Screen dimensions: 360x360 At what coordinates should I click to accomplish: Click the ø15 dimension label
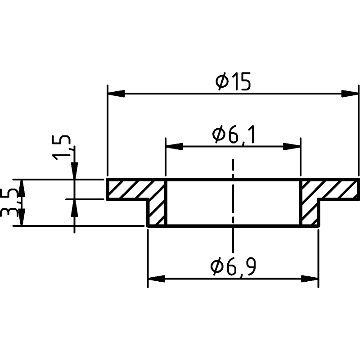tap(233, 81)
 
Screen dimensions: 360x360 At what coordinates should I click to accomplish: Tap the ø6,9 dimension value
tap(233, 267)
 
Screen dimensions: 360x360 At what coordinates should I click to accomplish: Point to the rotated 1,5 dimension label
tap(61, 148)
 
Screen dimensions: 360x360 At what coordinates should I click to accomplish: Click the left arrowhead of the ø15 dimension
tap(116, 94)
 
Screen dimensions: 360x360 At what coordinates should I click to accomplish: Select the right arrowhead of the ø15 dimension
tap(350, 94)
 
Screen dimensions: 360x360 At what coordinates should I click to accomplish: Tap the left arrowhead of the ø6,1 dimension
tap(174, 146)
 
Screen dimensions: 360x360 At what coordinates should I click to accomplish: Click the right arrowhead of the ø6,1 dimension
tap(292, 146)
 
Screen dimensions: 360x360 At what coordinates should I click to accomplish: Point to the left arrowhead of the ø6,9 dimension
tap(157, 279)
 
